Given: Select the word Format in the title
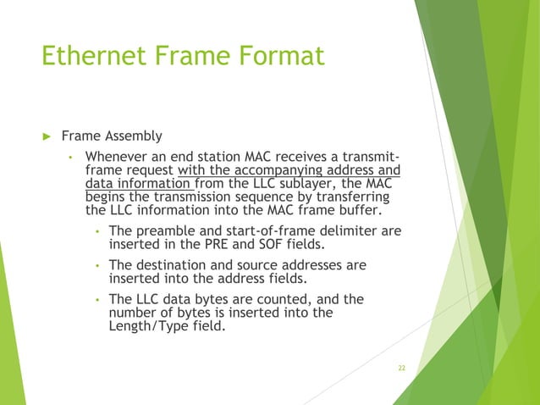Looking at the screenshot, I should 279,56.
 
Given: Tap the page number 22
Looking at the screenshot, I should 401,368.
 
